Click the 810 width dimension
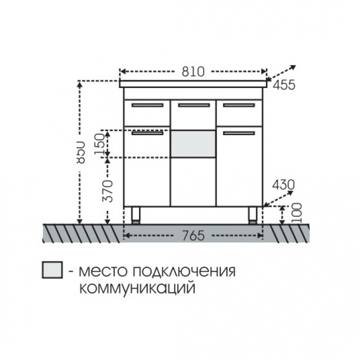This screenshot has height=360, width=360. point(193,71)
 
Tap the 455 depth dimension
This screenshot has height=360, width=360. point(284,85)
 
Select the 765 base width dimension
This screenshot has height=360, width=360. point(193,235)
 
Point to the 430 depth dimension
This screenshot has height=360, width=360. point(283,185)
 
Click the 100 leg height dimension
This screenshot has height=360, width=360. point(296,213)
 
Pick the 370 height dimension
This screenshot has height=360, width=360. point(107,191)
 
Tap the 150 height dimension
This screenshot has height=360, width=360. point(99,144)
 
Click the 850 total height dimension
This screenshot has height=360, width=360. point(80,152)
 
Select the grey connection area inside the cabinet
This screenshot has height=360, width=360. point(193,144)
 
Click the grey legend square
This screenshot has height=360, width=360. point(52,270)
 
